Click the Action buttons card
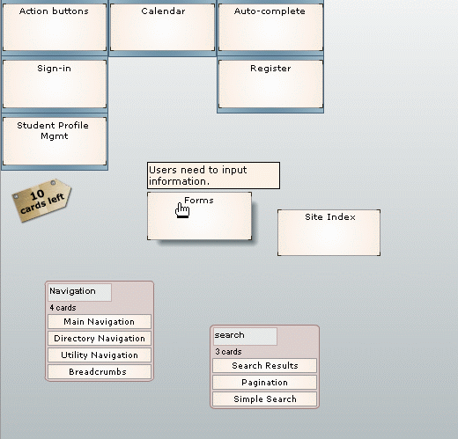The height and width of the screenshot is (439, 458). (x=55, y=27)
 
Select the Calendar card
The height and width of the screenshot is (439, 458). (x=162, y=27)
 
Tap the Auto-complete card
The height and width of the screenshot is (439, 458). (x=270, y=27)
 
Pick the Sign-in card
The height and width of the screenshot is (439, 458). (x=55, y=84)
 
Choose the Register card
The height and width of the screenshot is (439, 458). (x=270, y=84)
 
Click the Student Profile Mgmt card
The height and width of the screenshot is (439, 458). (x=55, y=141)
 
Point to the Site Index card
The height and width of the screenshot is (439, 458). (x=329, y=232)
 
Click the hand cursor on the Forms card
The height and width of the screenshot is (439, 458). (x=182, y=210)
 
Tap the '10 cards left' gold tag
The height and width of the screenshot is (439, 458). (x=41, y=201)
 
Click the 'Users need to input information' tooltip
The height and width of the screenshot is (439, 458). (x=213, y=175)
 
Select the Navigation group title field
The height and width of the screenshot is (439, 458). (x=79, y=292)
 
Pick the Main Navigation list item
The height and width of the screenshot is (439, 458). (x=100, y=322)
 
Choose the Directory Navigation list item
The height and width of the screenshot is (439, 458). (x=100, y=339)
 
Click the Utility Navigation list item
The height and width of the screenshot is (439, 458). (x=100, y=355)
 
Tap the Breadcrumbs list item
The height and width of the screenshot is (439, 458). (x=100, y=372)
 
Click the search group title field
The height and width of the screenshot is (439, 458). (x=245, y=336)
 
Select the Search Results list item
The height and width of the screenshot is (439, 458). (x=265, y=366)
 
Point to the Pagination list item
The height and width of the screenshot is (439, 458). (x=265, y=383)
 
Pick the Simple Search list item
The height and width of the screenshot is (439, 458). (x=265, y=399)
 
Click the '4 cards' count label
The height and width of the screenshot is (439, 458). (x=63, y=308)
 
